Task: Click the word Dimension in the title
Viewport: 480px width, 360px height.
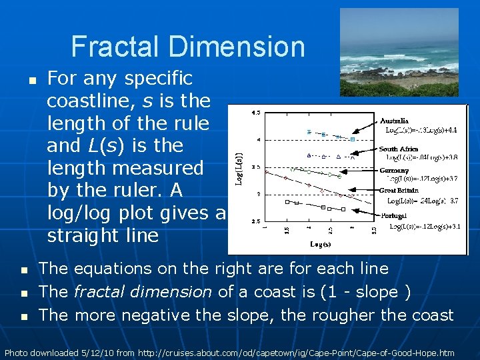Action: coord(237,47)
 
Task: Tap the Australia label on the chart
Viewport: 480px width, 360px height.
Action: coord(395,121)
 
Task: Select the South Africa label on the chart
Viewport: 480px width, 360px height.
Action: coord(399,149)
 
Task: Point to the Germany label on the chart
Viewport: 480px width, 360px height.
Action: coord(395,170)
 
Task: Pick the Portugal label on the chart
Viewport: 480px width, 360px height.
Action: coord(393,215)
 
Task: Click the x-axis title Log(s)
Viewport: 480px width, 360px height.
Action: coord(321,245)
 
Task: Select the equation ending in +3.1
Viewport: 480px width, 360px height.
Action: coord(425,227)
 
